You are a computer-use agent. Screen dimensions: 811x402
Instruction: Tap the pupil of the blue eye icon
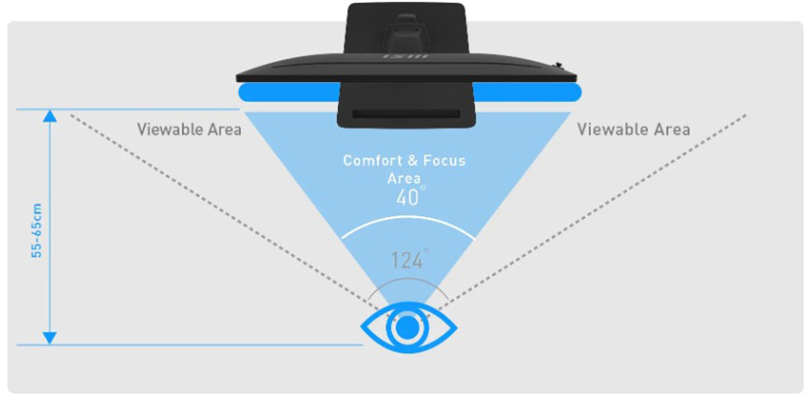(408, 328)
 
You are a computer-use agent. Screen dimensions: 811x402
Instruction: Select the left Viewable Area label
(189, 129)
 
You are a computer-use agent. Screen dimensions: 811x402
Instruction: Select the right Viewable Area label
(633, 129)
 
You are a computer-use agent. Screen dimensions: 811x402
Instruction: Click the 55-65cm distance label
(37, 230)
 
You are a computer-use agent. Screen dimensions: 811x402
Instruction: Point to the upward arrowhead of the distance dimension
(50, 116)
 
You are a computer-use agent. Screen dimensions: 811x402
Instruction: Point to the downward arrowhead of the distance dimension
(50, 338)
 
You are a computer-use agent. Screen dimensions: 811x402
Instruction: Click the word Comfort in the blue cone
(371, 160)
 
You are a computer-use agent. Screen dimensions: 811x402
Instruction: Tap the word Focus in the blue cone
(445, 160)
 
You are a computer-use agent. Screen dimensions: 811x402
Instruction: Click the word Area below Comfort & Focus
(404, 179)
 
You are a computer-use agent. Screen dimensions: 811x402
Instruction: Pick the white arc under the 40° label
(407, 219)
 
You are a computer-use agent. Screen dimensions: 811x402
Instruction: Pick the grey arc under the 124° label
(408, 280)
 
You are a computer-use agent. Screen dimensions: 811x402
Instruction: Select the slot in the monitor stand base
(405, 114)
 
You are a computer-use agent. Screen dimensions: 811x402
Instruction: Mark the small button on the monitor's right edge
(558, 65)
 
